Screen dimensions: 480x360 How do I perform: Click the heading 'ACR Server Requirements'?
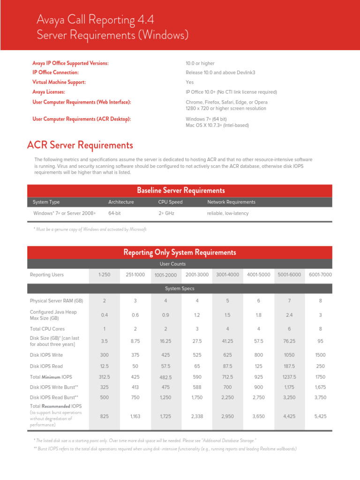pyautogui.click(x=80, y=145)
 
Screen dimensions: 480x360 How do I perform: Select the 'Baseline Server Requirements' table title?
pyautogui.click(x=180, y=190)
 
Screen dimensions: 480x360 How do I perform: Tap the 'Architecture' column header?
pyautogui.click(x=121, y=202)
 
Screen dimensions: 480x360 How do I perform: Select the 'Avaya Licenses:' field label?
pyautogui.click(x=49, y=92)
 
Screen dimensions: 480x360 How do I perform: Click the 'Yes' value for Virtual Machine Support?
pyautogui.click(x=190, y=82)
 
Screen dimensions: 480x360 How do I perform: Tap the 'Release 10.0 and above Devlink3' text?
pyautogui.click(x=220, y=73)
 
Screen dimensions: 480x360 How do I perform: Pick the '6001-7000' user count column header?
pyautogui.click(x=320, y=274)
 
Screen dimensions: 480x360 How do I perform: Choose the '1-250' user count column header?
pyautogui.click(x=104, y=274)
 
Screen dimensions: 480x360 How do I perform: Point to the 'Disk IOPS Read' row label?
pyautogui.click(x=46, y=366)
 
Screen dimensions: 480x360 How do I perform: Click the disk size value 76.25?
pyautogui.click(x=289, y=341)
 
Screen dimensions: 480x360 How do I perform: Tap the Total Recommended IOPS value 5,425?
pyautogui.click(x=320, y=415)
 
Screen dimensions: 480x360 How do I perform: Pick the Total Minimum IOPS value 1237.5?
pyautogui.click(x=289, y=377)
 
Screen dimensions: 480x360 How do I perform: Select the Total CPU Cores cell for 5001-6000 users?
pyautogui.click(x=289, y=329)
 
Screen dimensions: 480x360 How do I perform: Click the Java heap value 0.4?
pyautogui.click(x=104, y=315)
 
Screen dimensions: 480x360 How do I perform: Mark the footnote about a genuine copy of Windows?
pyautogui.click(x=90, y=229)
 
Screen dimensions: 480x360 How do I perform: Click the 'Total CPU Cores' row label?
pyautogui.click(x=47, y=329)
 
